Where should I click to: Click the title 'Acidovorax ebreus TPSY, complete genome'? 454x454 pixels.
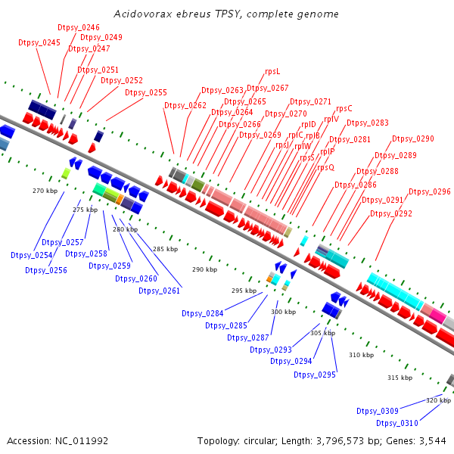tap(225, 14)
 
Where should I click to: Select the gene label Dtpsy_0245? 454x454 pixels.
tap(39, 43)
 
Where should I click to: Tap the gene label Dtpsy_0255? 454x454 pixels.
tap(145, 92)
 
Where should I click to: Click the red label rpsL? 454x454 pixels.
tap(272, 71)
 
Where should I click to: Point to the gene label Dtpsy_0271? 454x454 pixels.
tap(310, 101)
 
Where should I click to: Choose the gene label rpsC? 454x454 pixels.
tap(344, 108)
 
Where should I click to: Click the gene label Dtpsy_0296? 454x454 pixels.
tap(429, 192)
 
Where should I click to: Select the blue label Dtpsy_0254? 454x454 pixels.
tap(31, 255)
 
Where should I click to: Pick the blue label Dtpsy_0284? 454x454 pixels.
tap(203, 313)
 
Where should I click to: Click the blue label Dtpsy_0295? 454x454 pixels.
tap(315, 375)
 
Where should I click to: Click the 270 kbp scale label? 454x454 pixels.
tap(45, 191)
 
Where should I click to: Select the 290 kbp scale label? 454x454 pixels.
tap(204, 269)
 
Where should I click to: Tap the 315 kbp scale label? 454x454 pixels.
tap(400, 377)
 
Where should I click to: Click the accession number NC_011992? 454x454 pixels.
tap(79, 440)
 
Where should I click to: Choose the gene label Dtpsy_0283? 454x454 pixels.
tap(368, 123)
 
